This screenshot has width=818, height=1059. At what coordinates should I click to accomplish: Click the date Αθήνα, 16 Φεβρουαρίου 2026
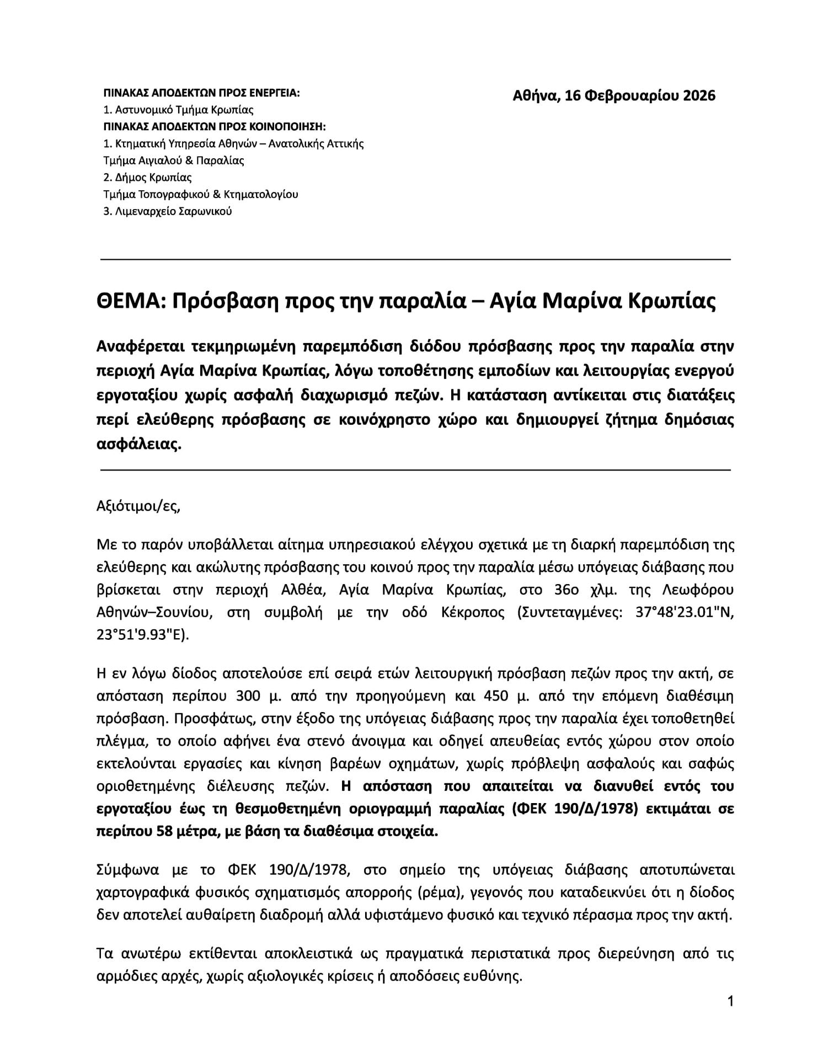pos(613,96)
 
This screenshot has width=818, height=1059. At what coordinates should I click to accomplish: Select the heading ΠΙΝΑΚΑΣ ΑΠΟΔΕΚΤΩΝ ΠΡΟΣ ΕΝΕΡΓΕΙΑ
pos(201,93)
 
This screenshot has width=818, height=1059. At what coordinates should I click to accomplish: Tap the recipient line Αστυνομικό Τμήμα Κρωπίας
pos(178,110)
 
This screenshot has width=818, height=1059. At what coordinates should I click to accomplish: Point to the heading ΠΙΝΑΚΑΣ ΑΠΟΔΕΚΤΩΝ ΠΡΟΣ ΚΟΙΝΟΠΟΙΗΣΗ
pos(215,127)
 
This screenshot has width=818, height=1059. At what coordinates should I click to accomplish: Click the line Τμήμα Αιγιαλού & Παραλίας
pos(174,161)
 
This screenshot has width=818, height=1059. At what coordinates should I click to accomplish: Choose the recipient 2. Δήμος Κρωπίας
pos(147,178)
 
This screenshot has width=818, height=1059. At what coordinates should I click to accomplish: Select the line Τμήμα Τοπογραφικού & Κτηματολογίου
pos(201,194)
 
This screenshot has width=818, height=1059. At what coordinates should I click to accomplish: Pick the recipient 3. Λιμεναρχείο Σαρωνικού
pos(168,211)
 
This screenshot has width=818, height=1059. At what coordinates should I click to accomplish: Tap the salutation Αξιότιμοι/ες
pos(138,506)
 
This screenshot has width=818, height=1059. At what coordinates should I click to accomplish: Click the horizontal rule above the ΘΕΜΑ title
pos(415,259)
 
